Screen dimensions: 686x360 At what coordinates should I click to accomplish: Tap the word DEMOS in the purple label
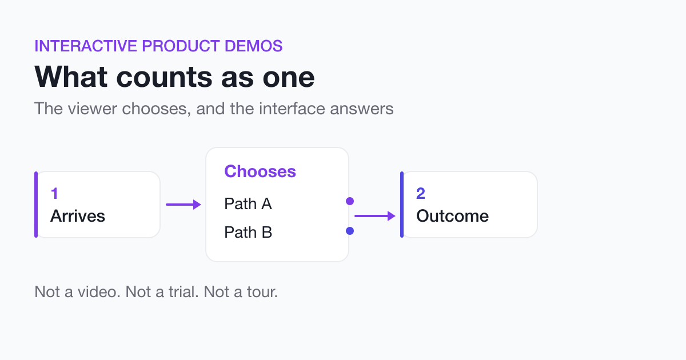(254, 46)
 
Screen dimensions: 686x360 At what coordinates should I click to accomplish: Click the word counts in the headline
(164, 77)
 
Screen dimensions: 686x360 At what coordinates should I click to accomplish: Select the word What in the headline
(71, 77)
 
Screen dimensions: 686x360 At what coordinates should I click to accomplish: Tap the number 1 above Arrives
(54, 194)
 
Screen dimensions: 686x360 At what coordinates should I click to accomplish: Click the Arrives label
(78, 216)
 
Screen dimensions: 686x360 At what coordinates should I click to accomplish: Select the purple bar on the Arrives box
(36, 205)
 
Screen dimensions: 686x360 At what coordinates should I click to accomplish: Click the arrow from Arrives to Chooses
(184, 205)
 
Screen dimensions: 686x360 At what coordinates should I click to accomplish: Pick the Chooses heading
(260, 171)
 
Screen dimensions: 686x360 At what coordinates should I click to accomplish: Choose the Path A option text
(248, 203)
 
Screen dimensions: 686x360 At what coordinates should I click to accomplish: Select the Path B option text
(248, 232)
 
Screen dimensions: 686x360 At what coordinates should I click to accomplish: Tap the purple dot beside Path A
(350, 201)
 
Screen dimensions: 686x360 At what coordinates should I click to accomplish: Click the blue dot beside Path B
(350, 231)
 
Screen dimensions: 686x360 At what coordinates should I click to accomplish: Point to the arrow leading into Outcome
(375, 216)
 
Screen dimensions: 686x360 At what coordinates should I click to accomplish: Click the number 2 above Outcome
(421, 194)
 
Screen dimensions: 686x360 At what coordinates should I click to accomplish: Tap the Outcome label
(452, 216)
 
